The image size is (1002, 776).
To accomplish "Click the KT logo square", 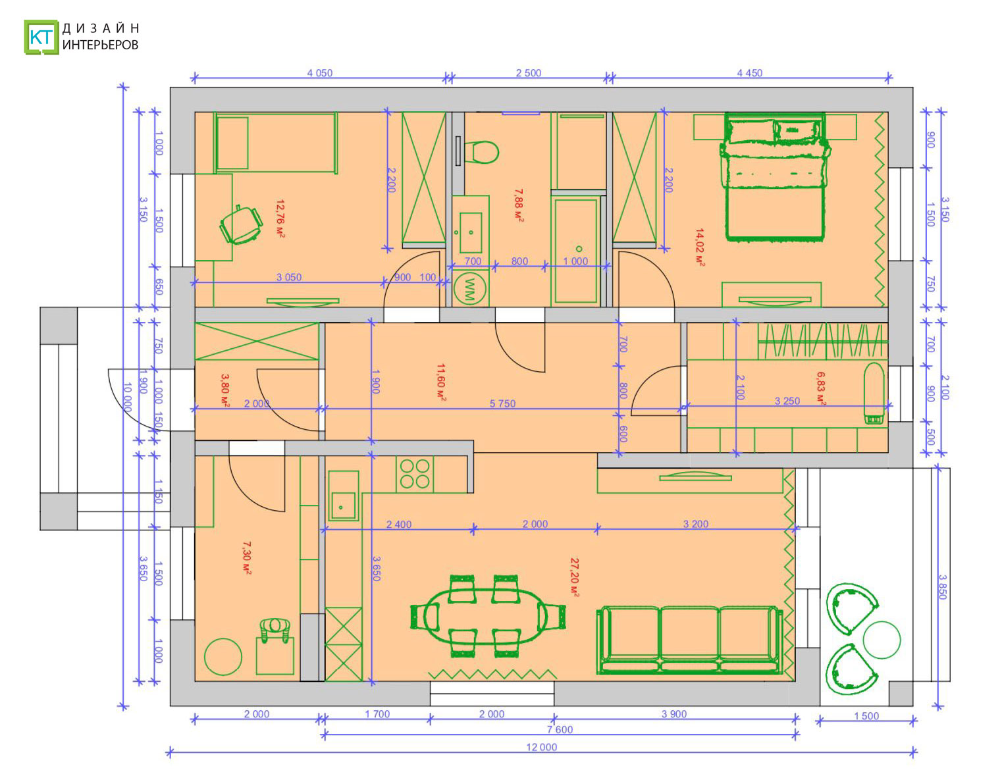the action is pos(41,37).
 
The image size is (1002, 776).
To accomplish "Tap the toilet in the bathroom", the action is pos(481,152).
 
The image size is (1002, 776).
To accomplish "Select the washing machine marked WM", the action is pos(470,289).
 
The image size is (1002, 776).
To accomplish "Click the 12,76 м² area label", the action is pos(280,219).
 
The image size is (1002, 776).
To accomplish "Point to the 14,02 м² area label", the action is pos(700,247).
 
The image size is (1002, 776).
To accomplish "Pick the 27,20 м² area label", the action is pos(575,578).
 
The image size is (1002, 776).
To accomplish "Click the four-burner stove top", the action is pos(415,474).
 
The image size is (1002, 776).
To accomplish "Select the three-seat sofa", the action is pos(689,640).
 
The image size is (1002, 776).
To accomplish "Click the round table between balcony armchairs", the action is pos(881,640).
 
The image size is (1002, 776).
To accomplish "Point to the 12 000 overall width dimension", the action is pos(541,747).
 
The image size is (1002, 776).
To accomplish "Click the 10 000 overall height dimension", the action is pos(128,398).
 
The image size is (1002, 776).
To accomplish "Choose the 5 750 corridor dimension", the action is pos(502,403).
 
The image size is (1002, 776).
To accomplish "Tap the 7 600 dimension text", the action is pos(560,729).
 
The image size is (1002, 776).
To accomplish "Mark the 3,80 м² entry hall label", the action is pos(225,390).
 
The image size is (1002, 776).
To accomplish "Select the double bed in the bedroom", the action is pos(775,177).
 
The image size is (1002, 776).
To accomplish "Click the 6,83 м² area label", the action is pos(821,389).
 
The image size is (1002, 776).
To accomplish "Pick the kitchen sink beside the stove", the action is pos(344,496).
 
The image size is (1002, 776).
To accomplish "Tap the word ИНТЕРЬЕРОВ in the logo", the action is pos(101,45).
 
